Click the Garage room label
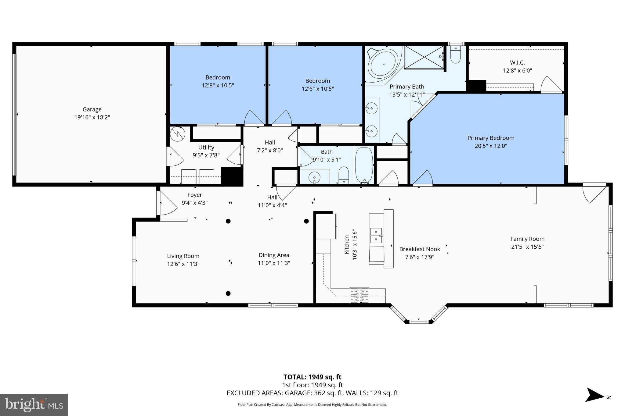[92, 109]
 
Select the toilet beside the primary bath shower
[455, 55]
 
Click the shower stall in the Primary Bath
[424, 57]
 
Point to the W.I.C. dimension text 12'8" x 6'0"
[517, 70]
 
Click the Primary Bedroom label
[491, 138]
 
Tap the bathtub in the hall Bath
[364, 165]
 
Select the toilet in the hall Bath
[344, 175]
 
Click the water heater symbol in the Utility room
[178, 133]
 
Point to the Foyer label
[195, 195]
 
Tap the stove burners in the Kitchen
[359, 295]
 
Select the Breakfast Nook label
[420, 249]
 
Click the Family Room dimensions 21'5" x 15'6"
[527, 247]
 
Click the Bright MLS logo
[34, 405]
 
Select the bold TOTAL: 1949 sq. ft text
[312, 377]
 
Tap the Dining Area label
[274, 255]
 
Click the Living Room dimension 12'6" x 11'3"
[183, 264]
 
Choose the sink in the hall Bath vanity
[314, 177]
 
